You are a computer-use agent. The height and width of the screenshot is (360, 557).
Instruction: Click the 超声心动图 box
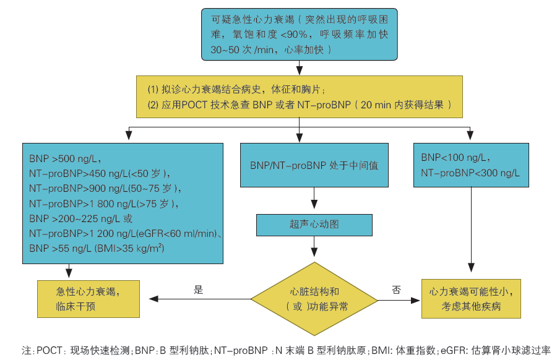coord(314,225)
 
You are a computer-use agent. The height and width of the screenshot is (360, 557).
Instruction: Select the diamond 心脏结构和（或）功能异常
coord(314,299)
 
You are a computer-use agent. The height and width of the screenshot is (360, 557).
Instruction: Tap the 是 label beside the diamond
coord(199,289)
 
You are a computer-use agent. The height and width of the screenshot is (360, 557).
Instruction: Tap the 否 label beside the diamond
coord(397,289)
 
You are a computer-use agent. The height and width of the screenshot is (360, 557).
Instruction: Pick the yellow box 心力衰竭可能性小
coord(471,298)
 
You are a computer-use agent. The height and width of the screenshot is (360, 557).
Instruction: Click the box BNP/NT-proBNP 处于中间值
coord(314,165)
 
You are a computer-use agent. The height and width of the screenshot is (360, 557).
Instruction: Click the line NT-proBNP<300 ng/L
coord(470,173)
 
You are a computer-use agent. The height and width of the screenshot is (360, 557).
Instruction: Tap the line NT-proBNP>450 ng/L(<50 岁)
coord(99,173)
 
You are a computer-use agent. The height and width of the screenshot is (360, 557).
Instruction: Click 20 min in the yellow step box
coord(374,105)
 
